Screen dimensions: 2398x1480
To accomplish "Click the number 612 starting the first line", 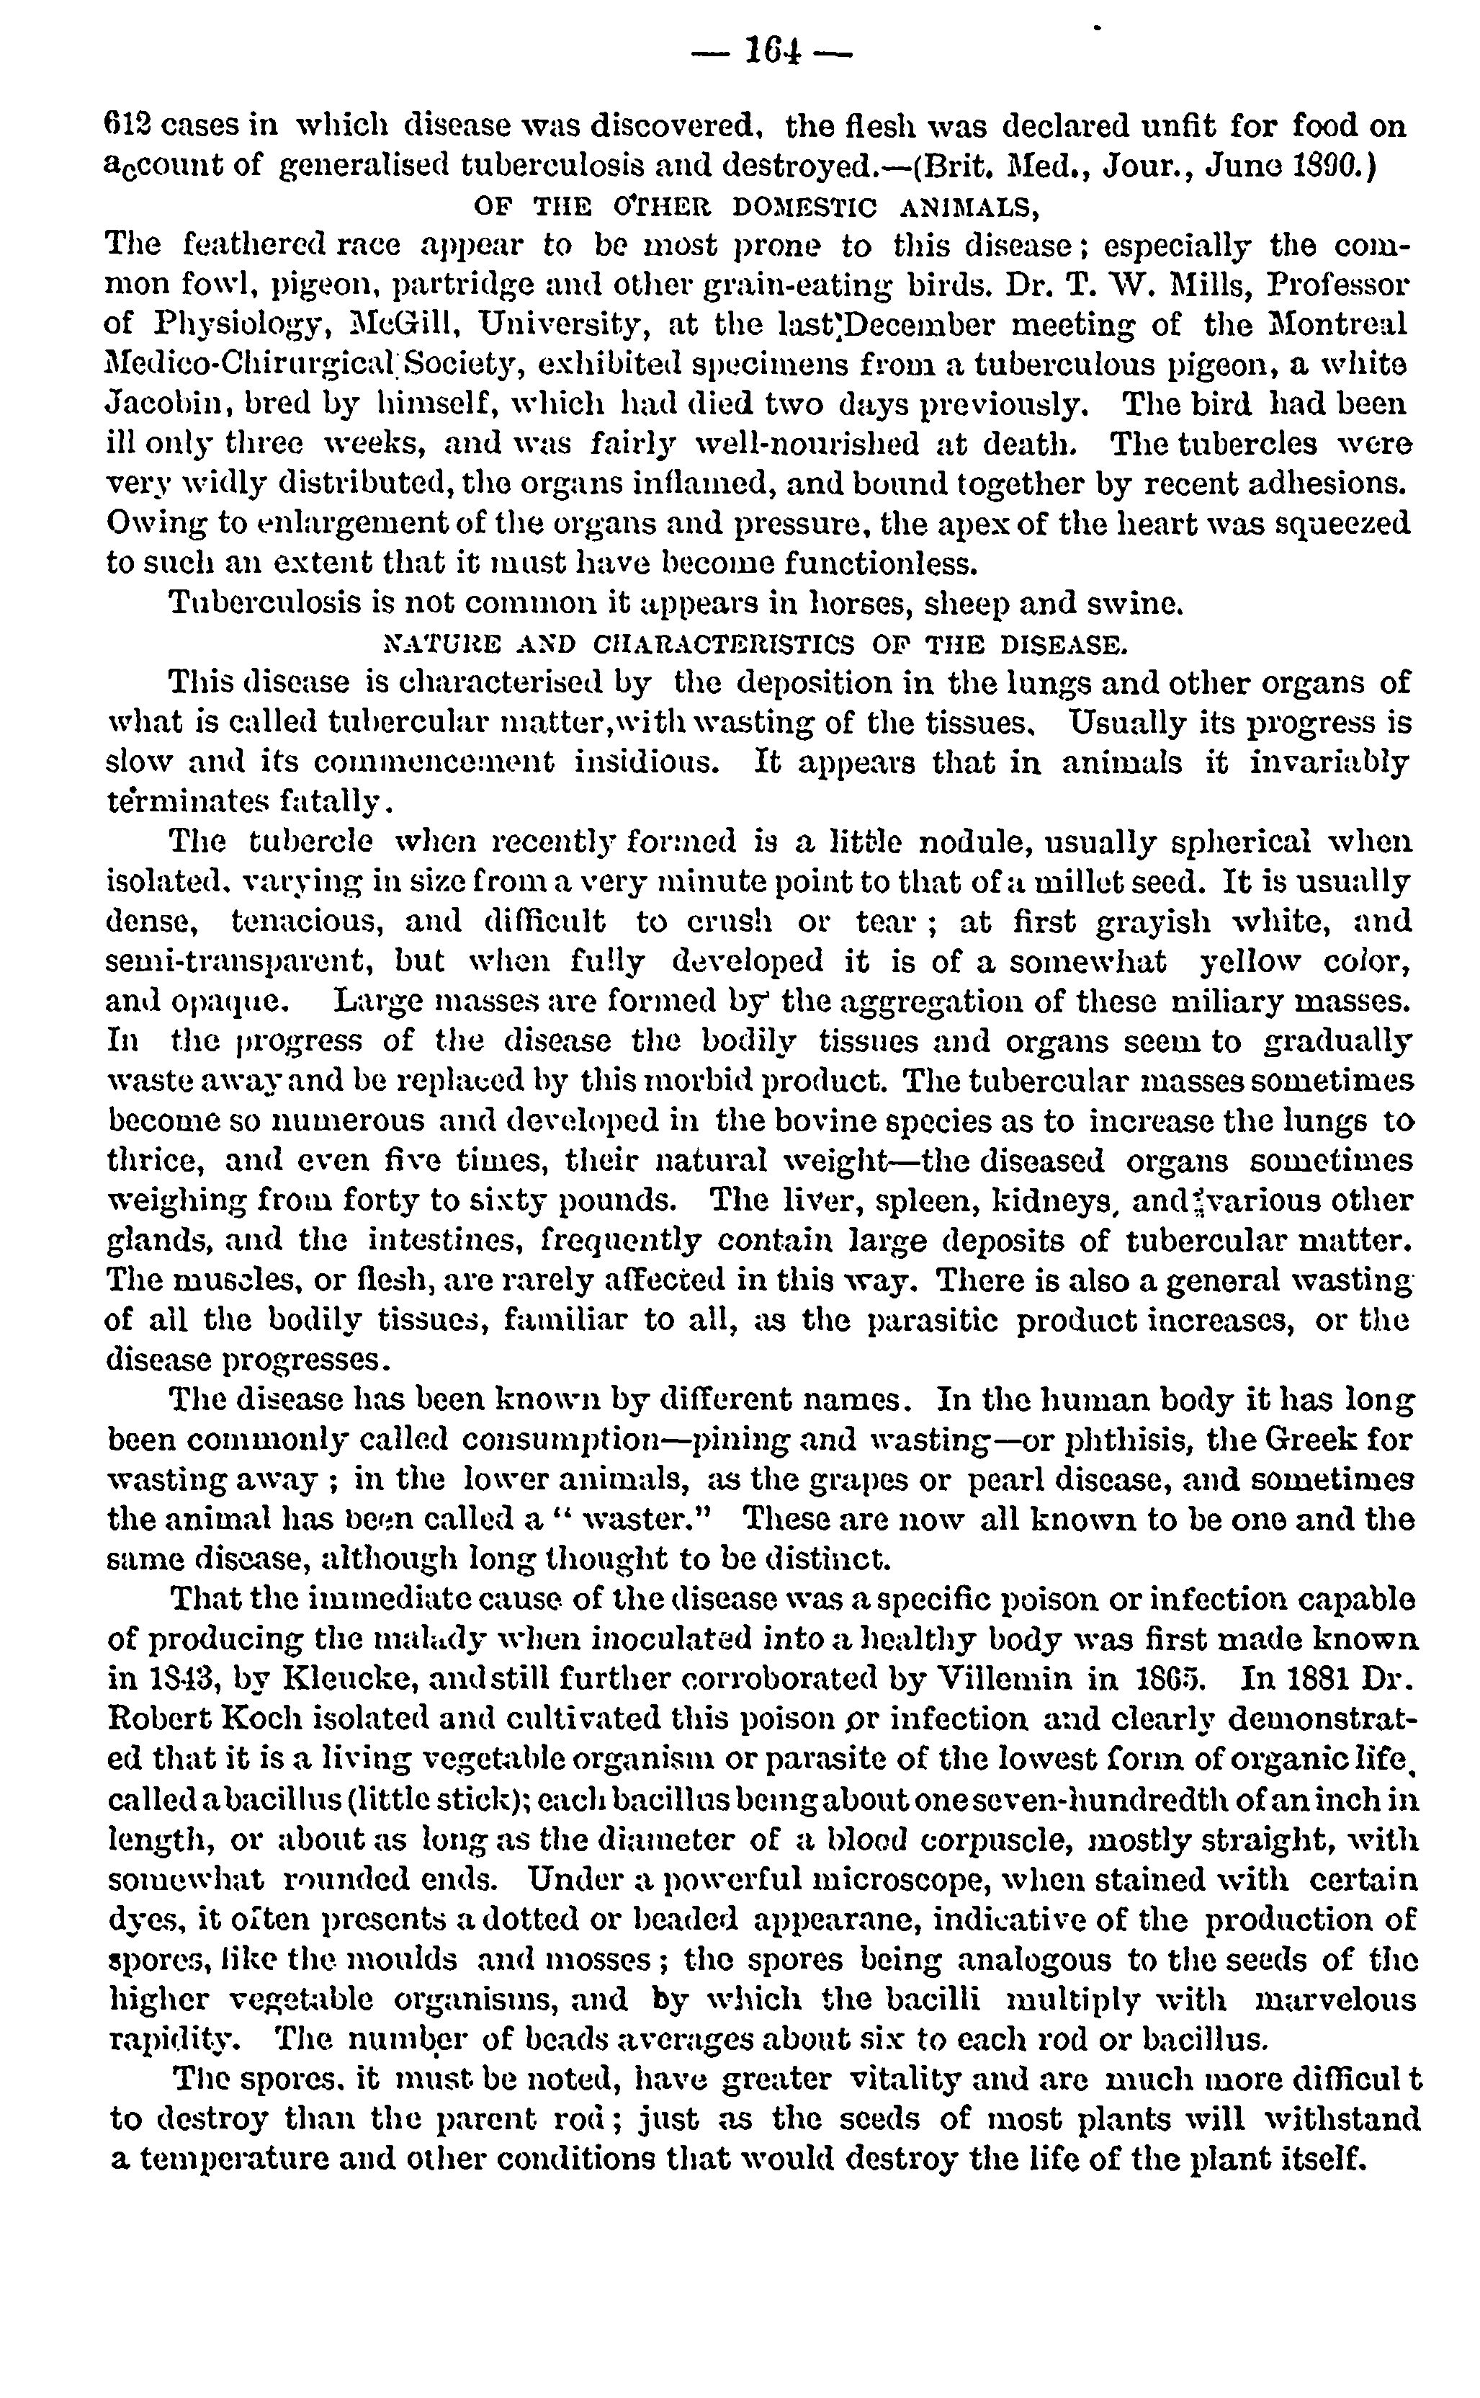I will point(127,126).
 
